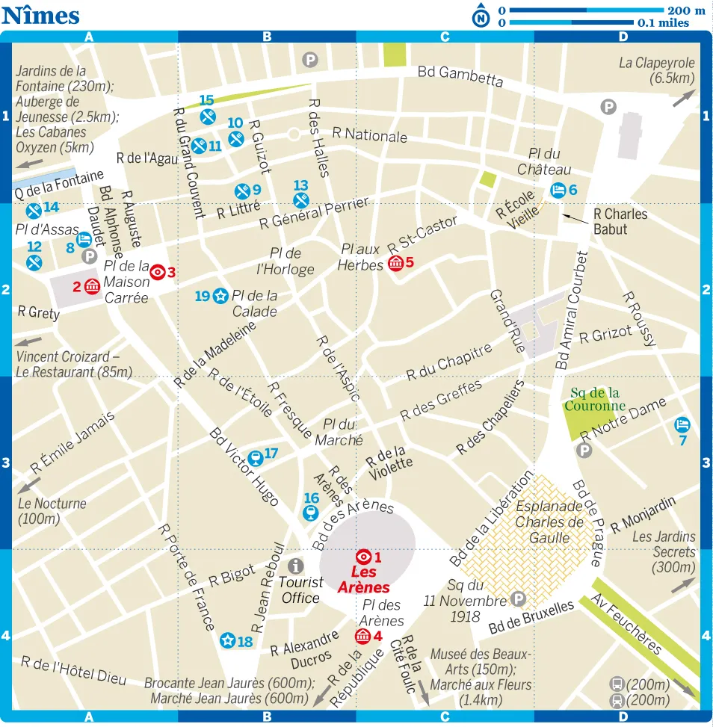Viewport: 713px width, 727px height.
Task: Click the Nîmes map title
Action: (x=41, y=14)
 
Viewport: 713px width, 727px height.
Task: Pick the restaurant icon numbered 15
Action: (x=209, y=116)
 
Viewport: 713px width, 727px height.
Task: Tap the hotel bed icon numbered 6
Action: (x=558, y=190)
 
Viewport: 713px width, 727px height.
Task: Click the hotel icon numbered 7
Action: (x=682, y=425)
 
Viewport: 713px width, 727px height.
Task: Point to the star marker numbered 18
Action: (x=227, y=640)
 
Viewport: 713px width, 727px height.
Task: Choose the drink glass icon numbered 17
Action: (x=254, y=456)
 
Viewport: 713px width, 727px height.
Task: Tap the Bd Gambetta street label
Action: (x=460, y=75)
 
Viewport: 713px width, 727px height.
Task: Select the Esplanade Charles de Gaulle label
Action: (x=549, y=522)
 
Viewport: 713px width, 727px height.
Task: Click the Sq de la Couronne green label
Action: (x=594, y=399)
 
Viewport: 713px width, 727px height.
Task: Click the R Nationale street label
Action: (x=370, y=135)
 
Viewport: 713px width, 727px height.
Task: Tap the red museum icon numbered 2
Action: (x=93, y=285)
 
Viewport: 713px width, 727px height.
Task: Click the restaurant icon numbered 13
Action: (x=301, y=199)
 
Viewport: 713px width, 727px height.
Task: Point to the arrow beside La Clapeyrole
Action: (x=683, y=98)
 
